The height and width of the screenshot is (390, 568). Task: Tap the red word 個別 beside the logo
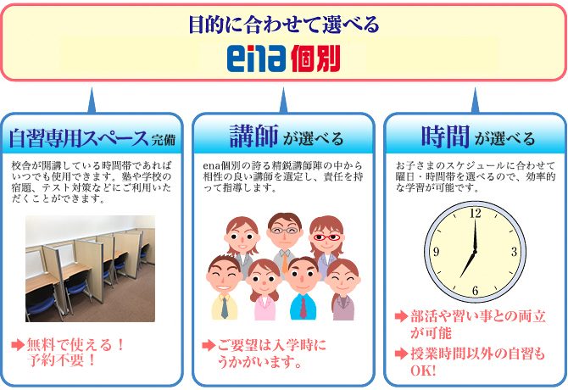point(315,59)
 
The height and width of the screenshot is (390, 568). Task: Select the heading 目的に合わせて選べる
point(283,24)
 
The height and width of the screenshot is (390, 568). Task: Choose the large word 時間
point(446,136)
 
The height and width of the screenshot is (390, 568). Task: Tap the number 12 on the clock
point(475,214)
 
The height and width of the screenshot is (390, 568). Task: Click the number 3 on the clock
point(514,252)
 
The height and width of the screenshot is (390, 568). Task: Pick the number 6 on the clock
point(475,291)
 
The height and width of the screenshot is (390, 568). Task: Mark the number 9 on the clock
point(436,253)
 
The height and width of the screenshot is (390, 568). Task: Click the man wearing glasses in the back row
point(284,232)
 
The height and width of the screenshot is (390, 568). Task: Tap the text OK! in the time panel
point(423,370)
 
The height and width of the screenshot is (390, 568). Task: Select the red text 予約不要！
point(63,359)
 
